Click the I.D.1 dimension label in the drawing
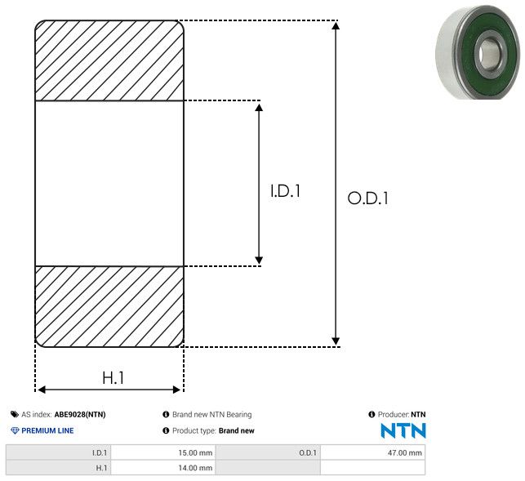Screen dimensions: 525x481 click(285, 191)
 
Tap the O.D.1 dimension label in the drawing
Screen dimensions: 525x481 click(368, 198)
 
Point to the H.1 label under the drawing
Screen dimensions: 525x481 click(113, 378)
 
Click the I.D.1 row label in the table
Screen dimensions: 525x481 click(100, 453)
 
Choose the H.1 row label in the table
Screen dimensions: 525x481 click(101, 468)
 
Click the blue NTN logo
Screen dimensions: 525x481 click(403, 430)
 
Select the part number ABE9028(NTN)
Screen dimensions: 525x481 click(80, 415)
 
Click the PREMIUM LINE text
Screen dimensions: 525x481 click(47, 430)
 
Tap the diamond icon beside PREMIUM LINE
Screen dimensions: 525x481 click(15, 430)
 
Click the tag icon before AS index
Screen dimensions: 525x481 click(15, 415)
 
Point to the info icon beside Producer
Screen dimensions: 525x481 click(372, 414)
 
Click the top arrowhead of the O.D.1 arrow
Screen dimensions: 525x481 click(336, 25)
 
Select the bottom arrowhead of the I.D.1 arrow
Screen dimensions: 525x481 click(259, 261)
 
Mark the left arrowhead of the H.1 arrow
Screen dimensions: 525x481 click(41, 390)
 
